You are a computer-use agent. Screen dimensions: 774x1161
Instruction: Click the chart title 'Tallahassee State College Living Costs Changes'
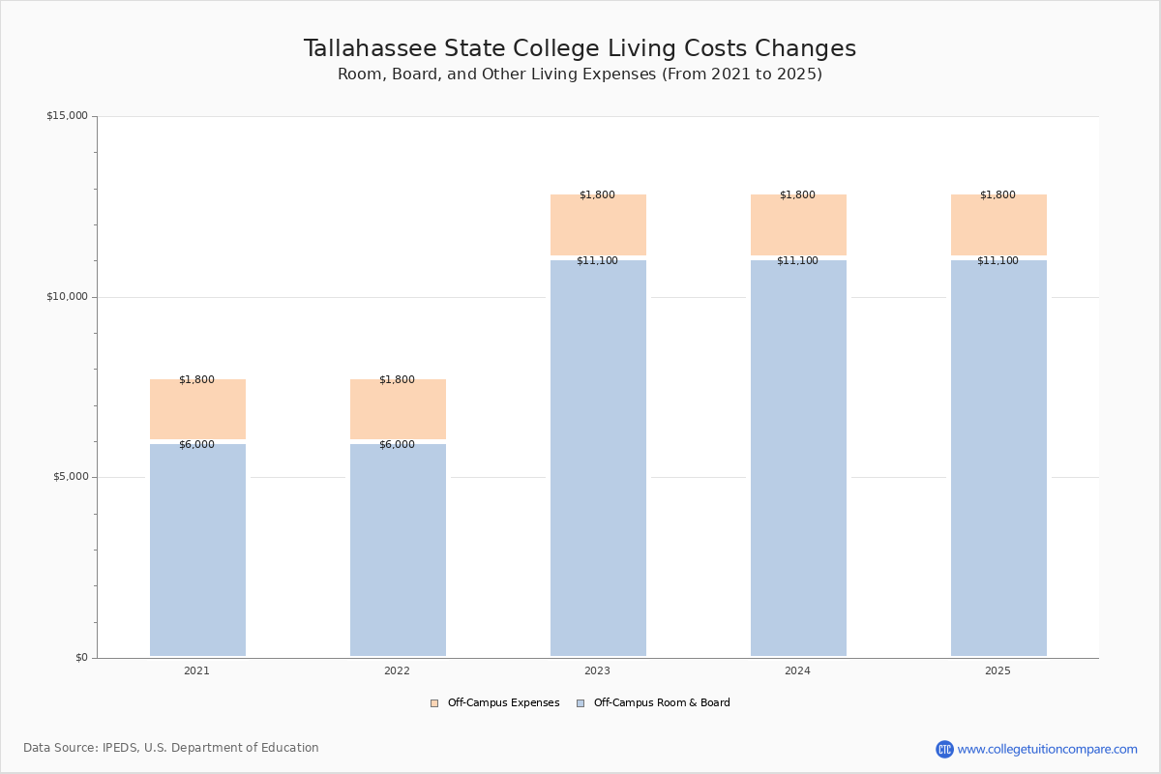(580, 48)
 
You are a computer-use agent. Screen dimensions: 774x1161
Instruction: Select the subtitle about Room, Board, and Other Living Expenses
(580, 74)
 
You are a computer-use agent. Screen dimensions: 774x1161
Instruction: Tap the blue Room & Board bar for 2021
(197, 551)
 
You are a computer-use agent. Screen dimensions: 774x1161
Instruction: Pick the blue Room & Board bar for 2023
(598, 460)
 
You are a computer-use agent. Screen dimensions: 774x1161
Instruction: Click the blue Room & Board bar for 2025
(998, 460)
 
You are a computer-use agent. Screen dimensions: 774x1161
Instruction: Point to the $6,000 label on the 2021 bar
(196, 445)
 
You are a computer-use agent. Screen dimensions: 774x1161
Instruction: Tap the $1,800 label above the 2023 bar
(597, 195)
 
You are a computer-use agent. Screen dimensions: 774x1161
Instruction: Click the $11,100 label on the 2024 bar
(797, 261)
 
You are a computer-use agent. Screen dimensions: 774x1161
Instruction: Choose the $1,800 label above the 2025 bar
(997, 195)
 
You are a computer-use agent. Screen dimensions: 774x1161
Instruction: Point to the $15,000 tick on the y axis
(67, 116)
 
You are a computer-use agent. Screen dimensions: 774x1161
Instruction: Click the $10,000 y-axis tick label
(67, 297)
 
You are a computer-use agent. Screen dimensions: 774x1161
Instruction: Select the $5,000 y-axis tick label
(70, 477)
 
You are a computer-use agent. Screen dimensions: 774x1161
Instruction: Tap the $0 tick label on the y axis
(81, 658)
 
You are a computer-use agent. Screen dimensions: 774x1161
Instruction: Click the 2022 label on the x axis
(397, 671)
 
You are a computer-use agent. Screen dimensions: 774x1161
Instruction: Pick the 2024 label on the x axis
(797, 671)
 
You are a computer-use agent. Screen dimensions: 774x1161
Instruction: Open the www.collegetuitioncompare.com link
(1047, 749)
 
